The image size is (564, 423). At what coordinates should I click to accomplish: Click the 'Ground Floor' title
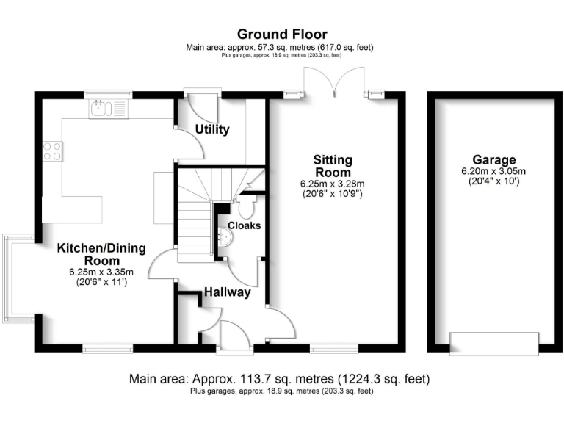point(282,34)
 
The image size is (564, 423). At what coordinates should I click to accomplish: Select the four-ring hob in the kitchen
point(52,151)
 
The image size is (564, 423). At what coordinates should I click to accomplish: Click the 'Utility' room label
point(212,130)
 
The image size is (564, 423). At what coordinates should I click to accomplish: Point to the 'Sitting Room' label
point(333,166)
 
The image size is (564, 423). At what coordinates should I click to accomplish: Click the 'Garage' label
point(493,159)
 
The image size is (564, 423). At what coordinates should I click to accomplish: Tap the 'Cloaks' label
point(244,225)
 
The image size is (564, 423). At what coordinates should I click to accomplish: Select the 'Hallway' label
point(228,292)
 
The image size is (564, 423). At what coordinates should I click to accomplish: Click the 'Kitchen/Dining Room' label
point(96,254)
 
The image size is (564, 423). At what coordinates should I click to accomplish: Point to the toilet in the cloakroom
point(246,201)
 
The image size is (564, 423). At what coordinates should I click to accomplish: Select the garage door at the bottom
point(493,344)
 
